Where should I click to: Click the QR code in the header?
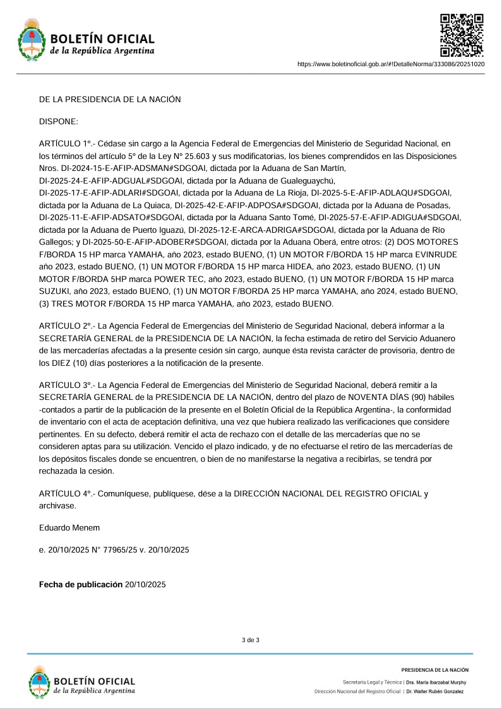[462, 35]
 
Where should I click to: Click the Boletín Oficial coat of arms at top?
[31, 39]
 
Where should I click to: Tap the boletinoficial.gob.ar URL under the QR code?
[390, 64]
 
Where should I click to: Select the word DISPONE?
[58, 120]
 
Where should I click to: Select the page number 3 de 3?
[251, 640]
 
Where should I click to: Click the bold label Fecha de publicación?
[81, 585]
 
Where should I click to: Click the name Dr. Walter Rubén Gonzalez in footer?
[435, 692]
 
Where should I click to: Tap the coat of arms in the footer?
[39, 683]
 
